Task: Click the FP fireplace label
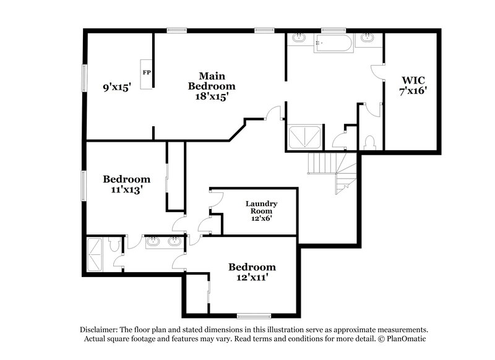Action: pyautogui.click(x=147, y=72)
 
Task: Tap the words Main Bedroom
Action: pyautogui.click(x=212, y=80)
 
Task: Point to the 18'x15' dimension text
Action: pyautogui.click(x=212, y=96)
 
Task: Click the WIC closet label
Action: pyautogui.click(x=413, y=80)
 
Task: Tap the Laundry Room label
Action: pyautogui.click(x=261, y=207)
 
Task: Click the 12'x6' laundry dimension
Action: pyautogui.click(x=261, y=218)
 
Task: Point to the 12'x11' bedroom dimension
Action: pyautogui.click(x=252, y=278)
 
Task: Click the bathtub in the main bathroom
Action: pyautogui.click(x=333, y=44)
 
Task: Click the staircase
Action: pyautogui.click(x=331, y=170)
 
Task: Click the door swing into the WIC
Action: pyautogui.click(x=377, y=71)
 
